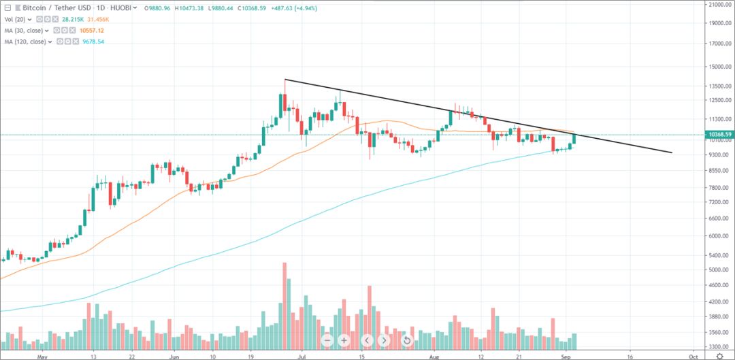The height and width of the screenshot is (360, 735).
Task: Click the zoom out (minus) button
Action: coord(328,340)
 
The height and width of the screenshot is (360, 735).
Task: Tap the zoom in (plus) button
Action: coord(344,340)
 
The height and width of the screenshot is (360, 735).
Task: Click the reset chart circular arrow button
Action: coord(406,340)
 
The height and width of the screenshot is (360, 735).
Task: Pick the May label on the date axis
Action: coord(42,356)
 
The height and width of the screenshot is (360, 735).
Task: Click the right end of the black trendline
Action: coord(672,152)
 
